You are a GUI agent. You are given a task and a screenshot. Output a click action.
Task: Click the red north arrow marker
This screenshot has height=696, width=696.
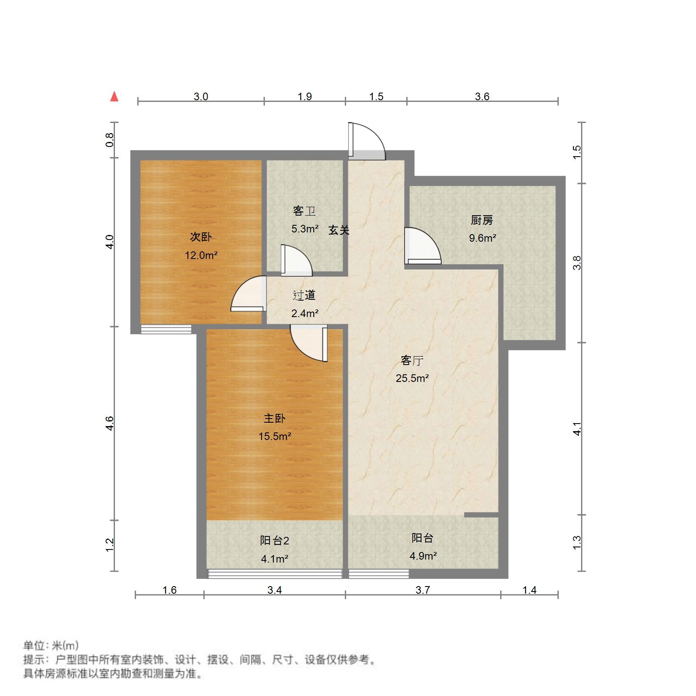pos(114,97)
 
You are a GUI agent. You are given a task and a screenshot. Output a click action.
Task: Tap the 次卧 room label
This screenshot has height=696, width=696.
pos(201,237)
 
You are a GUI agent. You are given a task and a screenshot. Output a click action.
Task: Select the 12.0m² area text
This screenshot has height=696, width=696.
pos(201,255)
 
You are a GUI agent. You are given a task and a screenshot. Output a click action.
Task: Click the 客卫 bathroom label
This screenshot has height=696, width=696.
pos(304,211)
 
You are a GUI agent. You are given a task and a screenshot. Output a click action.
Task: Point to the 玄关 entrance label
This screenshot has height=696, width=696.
pos(339,230)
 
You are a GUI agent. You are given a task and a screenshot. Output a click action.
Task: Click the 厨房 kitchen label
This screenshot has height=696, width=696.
pos(482,220)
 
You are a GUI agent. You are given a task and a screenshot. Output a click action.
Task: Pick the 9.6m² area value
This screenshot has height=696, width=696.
pos(483,238)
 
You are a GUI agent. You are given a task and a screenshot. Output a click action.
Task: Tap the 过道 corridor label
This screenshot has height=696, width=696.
pos(304,295)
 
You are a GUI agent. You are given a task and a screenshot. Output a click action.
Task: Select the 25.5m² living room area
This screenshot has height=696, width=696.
pos(412,378)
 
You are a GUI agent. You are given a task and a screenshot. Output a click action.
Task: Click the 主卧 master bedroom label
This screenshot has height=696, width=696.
pos(275,418)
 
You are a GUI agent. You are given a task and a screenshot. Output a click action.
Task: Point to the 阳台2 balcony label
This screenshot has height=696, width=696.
pos(275,541)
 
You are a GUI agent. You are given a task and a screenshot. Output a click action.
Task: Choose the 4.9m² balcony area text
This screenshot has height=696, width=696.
pos(423,556)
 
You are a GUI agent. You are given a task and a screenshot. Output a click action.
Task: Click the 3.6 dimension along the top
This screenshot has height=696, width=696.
pos(482,97)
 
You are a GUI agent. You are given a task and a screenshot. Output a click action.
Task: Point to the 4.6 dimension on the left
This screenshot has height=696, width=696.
pos(110,423)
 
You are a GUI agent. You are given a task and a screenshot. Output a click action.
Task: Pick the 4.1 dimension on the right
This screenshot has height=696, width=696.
pos(578,429)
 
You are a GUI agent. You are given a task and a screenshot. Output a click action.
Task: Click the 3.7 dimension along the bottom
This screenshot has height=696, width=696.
pos(423,590)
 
